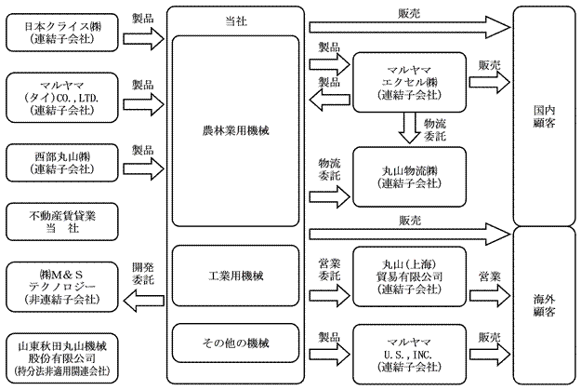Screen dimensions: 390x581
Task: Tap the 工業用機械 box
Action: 236,277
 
